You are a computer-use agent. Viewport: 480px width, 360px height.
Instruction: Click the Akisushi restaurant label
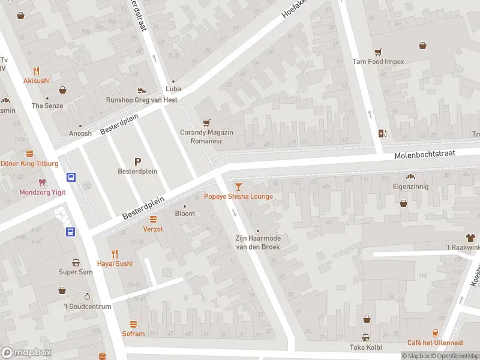pyautogui.click(x=37, y=80)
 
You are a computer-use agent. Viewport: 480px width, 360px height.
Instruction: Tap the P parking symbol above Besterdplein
pyautogui.click(x=137, y=161)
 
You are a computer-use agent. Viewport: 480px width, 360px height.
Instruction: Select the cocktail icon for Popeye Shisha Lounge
pyautogui.click(x=239, y=187)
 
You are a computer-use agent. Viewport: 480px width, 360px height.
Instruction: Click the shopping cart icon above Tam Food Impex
pyautogui.click(x=378, y=52)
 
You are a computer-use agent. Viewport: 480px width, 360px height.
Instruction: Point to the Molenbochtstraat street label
pyautogui.click(x=425, y=155)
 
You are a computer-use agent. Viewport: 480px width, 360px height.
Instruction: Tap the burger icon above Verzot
pyautogui.click(x=153, y=219)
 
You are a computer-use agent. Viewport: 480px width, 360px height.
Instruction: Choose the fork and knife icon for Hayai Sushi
pyautogui.click(x=115, y=253)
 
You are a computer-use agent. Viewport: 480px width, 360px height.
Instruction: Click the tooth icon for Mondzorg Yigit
pyautogui.click(x=41, y=182)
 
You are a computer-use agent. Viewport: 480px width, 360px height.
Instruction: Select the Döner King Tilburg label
pyautogui.click(x=29, y=163)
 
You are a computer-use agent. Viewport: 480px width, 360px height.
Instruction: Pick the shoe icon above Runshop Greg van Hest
pyautogui.click(x=142, y=90)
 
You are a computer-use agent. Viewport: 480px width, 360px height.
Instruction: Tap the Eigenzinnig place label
pyautogui.click(x=411, y=187)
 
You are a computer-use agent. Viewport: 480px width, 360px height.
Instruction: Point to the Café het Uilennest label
pyautogui.click(x=435, y=343)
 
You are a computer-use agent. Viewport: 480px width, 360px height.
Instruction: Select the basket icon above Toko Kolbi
pyautogui.click(x=365, y=337)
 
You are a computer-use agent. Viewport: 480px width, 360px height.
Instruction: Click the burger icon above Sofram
pyautogui.click(x=133, y=324)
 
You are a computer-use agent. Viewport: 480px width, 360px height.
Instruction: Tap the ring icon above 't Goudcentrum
pyautogui.click(x=88, y=296)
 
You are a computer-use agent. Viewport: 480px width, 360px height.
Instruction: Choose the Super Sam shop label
pyautogui.click(x=76, y=272)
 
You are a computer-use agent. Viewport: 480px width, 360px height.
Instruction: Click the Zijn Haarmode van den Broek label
pyautogui.click(x=257, y=242)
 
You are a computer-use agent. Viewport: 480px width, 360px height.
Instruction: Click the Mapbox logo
pyautogui.click(x=26, y=353)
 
